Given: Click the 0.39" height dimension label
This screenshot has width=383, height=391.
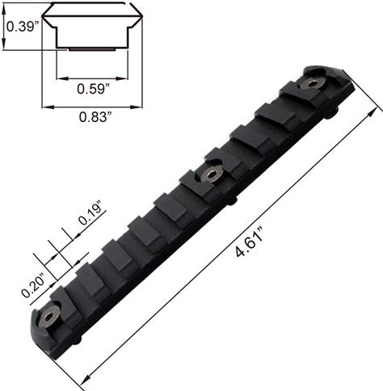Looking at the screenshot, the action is point(23,27).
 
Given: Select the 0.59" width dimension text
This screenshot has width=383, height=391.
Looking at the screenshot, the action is point(93,89).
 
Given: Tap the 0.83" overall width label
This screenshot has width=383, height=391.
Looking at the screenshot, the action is point(95,117).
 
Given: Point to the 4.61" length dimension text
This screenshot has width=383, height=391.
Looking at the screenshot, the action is point(249,242).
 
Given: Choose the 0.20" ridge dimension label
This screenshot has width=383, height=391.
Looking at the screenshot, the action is point(33,286).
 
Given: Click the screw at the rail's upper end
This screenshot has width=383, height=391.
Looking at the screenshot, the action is point(312,84).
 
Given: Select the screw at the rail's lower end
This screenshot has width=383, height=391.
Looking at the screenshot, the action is point(48,317).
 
